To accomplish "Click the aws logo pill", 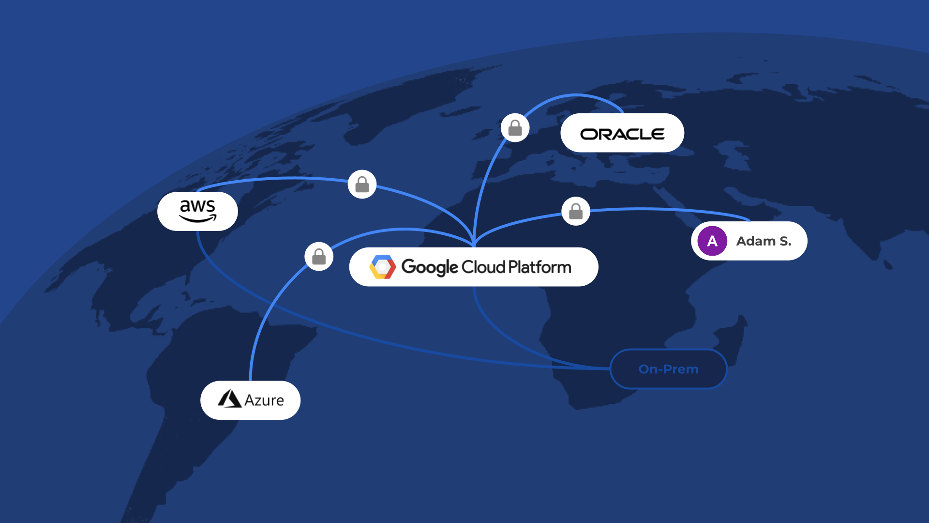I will (x=197, y=211).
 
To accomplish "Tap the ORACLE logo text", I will (x=622, y=134).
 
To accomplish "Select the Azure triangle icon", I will (x=229, y=399).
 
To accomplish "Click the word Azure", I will (x=264, y=400).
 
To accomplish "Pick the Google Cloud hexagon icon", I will (x=383, y=267).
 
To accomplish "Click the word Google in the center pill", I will (x=430, y=267).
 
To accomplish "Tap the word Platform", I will (x=539, y=267).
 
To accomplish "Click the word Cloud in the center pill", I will (x=483, y=267).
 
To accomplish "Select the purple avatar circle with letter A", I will (x=712, y=241).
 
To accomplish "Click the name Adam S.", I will (x=764, y=241).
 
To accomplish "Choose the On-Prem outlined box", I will (x=668, y=369).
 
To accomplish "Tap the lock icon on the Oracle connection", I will (x=515, y=128).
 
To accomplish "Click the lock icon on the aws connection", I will (x=362, y=185).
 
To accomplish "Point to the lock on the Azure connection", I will (x=319, y=257).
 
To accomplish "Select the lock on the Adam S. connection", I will (x=576, y=212).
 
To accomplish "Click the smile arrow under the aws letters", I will (x=198, y=219).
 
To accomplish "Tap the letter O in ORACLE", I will (x=589, y=134).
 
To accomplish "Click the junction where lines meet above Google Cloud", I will (x=474, y=242).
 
